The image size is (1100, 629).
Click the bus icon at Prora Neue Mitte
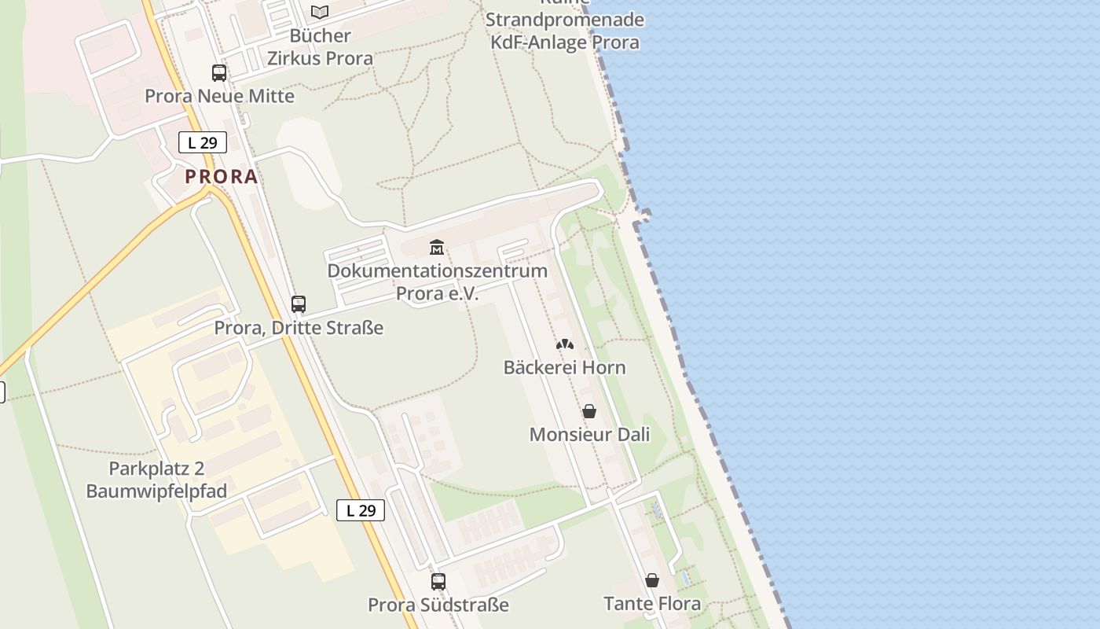pyautogui.click(x=219, y=73)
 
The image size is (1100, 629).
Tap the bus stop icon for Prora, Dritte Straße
pyautogui.click(x=299, y=304)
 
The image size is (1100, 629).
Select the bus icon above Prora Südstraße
pyautogui.click(x=438, y=582)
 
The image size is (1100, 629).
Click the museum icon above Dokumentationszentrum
pyautogui.click(x=437, y=248)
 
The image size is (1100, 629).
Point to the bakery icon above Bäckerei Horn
pyautogui.click(x=565, y=344)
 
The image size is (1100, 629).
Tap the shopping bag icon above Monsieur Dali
pyautogui.click(x=589, y=411)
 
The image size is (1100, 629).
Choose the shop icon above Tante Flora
pyautogui.click(x=652, y=581)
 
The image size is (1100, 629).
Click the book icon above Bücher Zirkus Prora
pyautogui.click(x=319, y=12)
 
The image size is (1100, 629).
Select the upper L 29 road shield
pyautogui.click(x=203, y=142)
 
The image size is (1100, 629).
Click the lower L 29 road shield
pyautogui.click(x=361, y=510)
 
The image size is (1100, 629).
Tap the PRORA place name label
pyautogui.click(x=222, y=177)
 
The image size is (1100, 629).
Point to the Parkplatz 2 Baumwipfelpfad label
pyautogui.click(x=156, y=480)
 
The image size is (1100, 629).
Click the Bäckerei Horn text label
pyautogui.click(x=564, y=367)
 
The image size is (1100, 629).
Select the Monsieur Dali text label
pyautogui.click(x=589, y=434)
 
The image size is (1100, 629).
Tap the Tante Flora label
pyautogui.click(x=652, y=604)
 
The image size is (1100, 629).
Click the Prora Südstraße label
pyautogui.click(x=438, y=605)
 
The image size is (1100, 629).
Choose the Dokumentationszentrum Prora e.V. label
pyautogui.click(x=437, y=281)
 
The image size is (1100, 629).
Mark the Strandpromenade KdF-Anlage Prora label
pyautogui.click(x=565, y=31)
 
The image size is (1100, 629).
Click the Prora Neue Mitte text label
pyautogui.click(x=219, y=96)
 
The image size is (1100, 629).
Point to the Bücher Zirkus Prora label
pyautogui.click(x=320, y=46)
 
